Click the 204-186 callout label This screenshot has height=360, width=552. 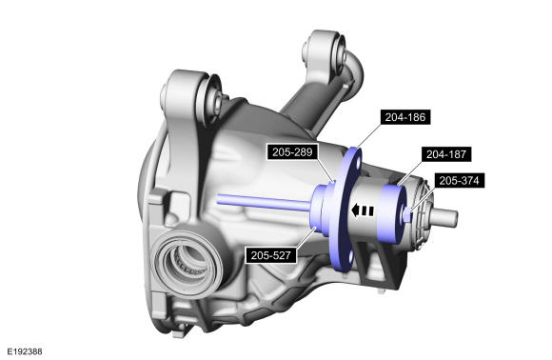tap(405, 117)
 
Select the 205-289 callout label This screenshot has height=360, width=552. tap(292, 151)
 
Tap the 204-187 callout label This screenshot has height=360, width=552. tap(446, 154)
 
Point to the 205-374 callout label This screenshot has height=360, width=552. tap(459, 181)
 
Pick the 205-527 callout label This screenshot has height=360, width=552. tap(270, 255)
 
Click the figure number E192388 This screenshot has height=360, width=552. tap(25, 351)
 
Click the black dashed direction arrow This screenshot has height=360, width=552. tap(363, 210)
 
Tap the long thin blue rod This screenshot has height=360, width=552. tap(264, 203)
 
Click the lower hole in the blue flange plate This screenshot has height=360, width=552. tap(350, 256)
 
